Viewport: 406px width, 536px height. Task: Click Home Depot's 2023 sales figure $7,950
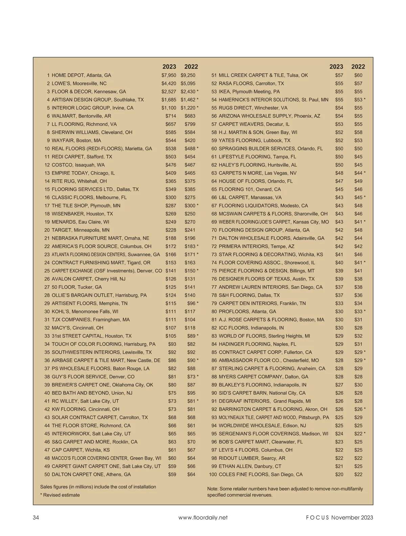(x=168, y=75)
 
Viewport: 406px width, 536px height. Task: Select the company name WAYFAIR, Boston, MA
(x=76, y=140)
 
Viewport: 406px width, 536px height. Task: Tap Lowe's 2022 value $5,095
(x=188, y=83)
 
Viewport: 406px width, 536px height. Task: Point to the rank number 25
(x=47, y=271)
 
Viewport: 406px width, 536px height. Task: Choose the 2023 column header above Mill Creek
(x=336, y=67)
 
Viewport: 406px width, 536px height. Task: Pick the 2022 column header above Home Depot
(x=191, y=67)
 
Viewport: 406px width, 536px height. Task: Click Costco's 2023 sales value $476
(x=171, y=165)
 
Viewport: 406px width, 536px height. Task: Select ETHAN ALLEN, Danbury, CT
(x=250, y=466)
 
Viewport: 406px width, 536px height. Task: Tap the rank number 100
(x=213, y=474)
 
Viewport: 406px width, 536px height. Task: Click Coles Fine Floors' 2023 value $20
(x=339, y=474)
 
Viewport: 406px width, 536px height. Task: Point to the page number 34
(x=36, y=517)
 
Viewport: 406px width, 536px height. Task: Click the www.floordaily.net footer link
(x=203, y=517)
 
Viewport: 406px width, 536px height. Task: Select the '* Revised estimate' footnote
(x=60, y=495)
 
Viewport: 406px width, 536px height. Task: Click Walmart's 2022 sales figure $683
(x=190, y=116)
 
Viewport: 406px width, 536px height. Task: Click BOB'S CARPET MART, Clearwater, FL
(x=261, y=442)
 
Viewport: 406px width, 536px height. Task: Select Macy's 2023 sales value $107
(x=171, y=328)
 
